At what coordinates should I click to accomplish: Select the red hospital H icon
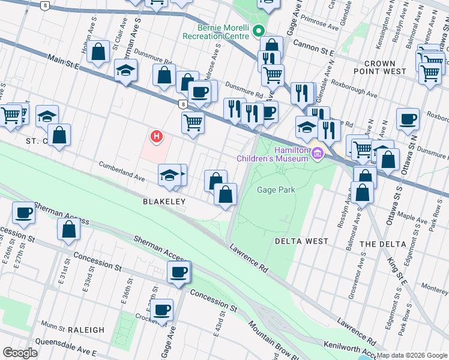point(157,137)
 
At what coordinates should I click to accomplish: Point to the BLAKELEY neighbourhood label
point(163,202)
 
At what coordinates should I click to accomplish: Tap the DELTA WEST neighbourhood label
point(301,241)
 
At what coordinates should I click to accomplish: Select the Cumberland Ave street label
point(122,170)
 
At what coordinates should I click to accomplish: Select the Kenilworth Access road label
point(352,350)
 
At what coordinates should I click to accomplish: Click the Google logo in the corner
point(20,353)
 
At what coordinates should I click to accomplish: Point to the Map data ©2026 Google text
point(412,355)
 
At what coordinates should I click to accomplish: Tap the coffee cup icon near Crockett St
point(161,311)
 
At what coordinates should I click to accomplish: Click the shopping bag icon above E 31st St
point(69,230)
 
